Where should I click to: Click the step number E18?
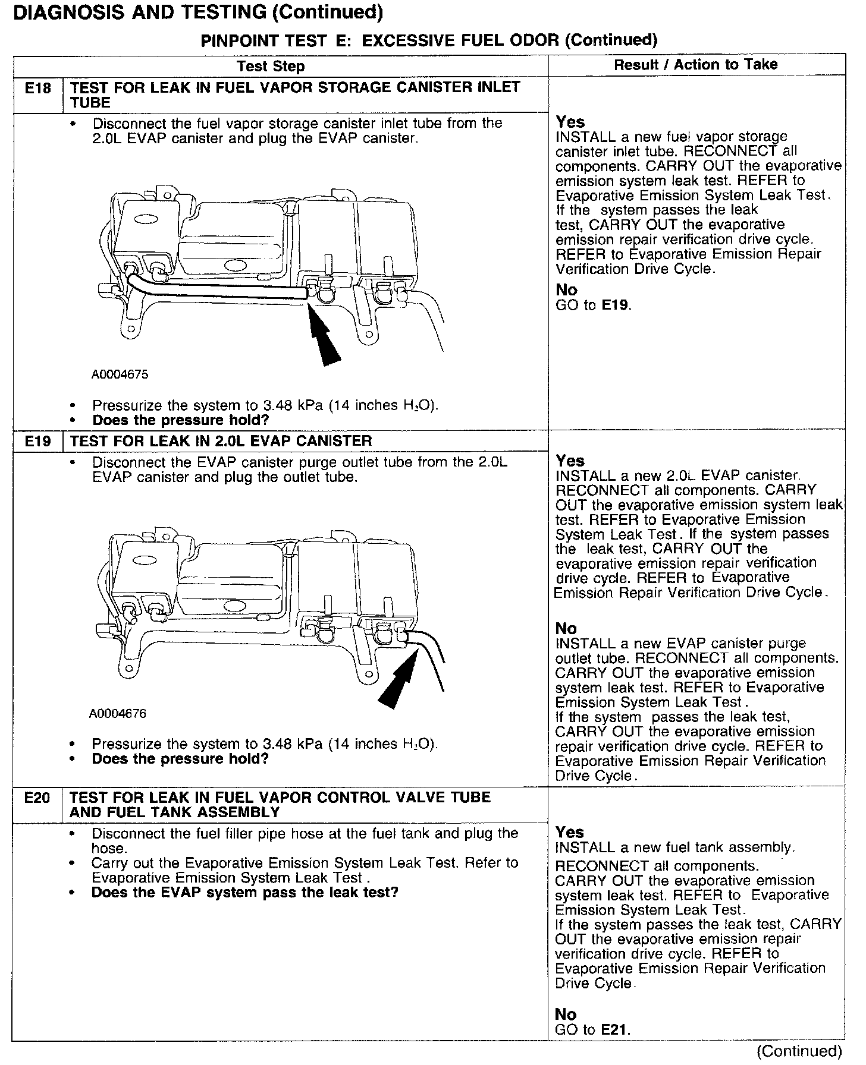37,89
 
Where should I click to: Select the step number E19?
37,442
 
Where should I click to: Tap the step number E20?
37,798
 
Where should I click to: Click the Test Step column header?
271,66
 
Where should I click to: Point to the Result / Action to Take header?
695,64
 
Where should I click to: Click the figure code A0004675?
120,375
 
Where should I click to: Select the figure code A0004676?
118,714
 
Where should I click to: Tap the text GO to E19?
593,305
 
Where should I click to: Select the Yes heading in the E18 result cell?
570,122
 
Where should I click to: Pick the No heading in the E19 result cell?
566,628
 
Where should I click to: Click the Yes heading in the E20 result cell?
570,832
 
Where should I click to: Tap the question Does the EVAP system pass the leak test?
244,893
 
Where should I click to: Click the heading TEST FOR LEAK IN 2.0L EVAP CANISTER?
221,442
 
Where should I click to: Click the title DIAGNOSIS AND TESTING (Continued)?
198,12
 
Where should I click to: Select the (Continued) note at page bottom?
800,1051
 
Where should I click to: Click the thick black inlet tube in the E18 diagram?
226,291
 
